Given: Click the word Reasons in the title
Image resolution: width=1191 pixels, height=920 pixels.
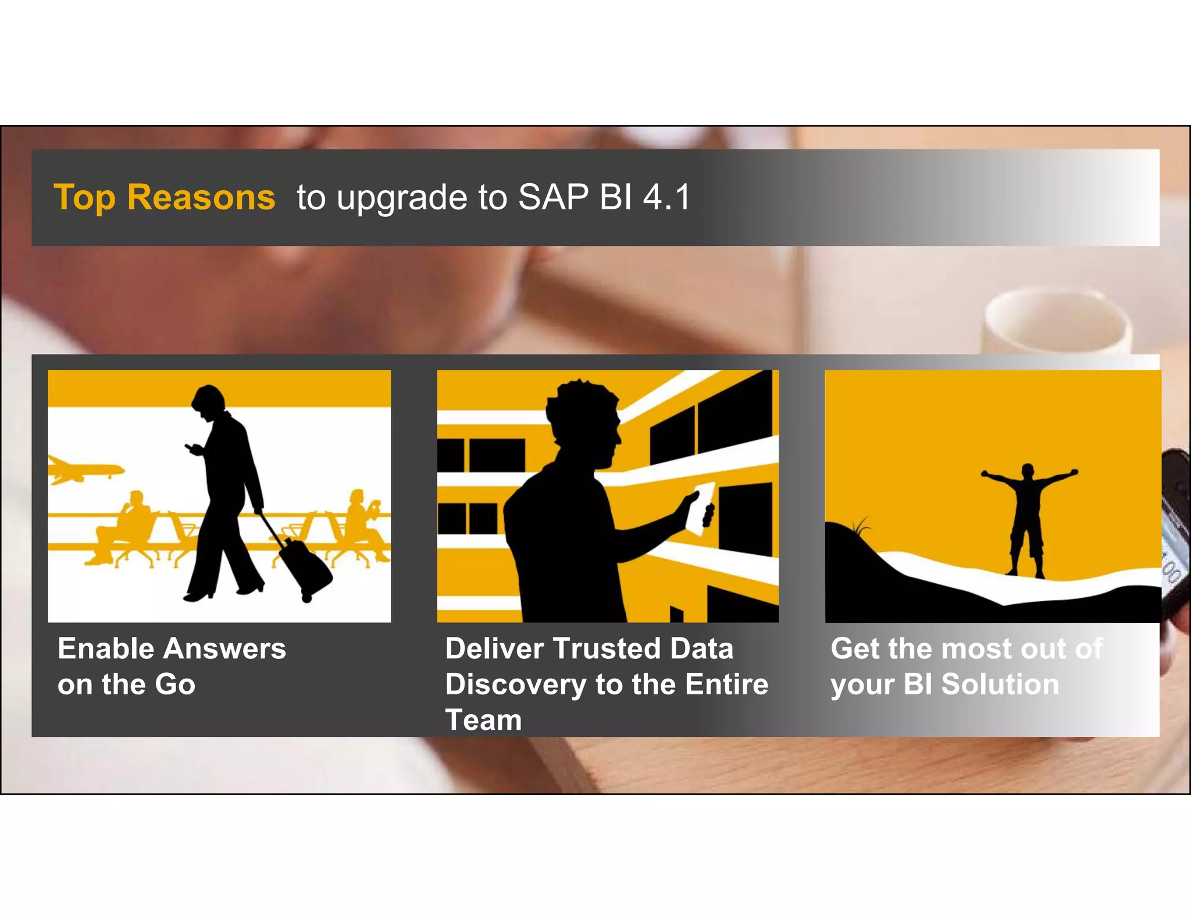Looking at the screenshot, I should coord(201,197).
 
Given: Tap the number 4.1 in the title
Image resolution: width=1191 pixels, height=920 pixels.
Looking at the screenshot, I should coord(666,197).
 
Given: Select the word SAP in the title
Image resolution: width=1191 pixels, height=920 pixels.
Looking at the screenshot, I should coord(553,197).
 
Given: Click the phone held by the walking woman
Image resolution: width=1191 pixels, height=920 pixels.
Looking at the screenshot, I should coord(191,447).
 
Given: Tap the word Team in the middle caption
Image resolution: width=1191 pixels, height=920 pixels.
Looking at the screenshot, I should coord(483,720).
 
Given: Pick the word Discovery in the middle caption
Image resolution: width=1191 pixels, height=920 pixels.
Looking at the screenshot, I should coord(515,684).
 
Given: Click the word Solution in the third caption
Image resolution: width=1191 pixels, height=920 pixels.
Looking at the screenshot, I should coord(1000,684).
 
